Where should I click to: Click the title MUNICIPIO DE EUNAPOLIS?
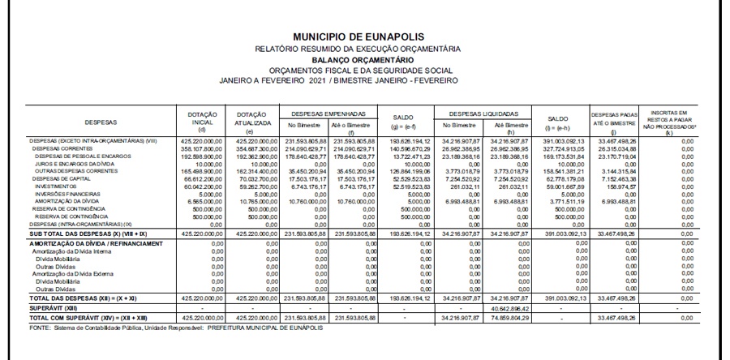pyautogui.click(x=360, y=38)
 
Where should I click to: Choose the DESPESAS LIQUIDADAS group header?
pyautogui.click(x=489, y=114)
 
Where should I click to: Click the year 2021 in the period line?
pyautogui.click(x=320, y=80)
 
